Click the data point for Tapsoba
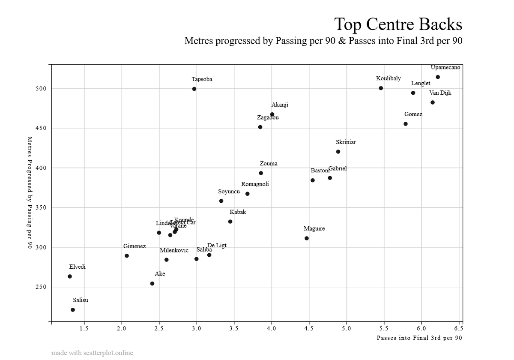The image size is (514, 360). (x=194, y=89)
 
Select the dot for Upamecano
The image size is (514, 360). (x=438, y=77)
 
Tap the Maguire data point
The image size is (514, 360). (x=307, y=238)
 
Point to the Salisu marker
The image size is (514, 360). (x=73, y=310)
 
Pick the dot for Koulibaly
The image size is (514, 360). (x=381, y=88)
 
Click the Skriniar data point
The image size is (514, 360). (x=338, y=152)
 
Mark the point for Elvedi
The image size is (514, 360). (x=70, y=276)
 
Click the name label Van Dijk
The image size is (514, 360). (x=440, y=93)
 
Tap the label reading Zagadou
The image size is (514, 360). (x=268, y=117)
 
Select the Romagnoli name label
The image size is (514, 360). (x=255, y=184)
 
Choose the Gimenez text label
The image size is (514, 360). (x=134, y=246)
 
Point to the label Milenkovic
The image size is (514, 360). (x=174, y=250)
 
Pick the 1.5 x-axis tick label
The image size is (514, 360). (x=84, y=329)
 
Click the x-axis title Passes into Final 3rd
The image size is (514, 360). (x=419, y=338)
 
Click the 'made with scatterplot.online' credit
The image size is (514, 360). (x=92, y=353)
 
